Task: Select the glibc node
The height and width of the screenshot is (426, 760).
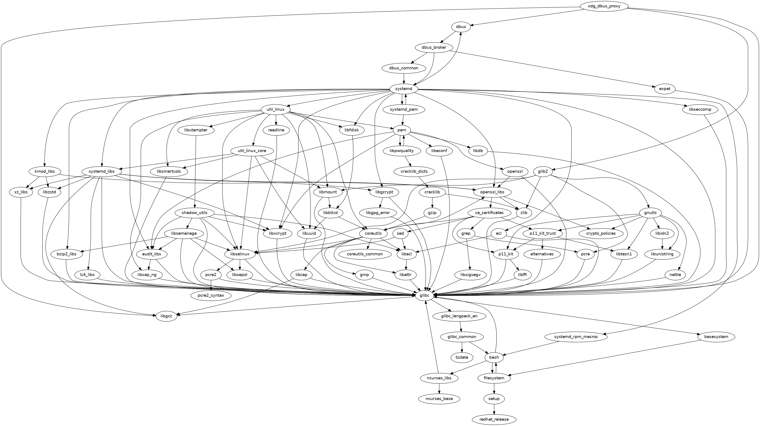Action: pyautogui.click(x=425, y=295)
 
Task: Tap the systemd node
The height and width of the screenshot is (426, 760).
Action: pyautogui.click(x=403, y=89)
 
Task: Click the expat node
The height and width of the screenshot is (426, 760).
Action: pyautogui.click(x=664, y=89)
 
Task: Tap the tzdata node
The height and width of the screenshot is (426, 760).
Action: pyautogui.click(x=462, y=357)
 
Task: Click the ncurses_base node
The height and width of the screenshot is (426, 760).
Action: pyautogui.click(x=439, y=399)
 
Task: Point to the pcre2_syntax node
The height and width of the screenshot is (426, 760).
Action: pyautogui.click(x=211, y=295)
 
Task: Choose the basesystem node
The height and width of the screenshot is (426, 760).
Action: pyautogui.click(x=716, y=337)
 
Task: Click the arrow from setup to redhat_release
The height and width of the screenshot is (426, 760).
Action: pyautogui.click(x=494, y=409)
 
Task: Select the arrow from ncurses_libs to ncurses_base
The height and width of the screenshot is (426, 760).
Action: pyautogui.click(x=439, y=388)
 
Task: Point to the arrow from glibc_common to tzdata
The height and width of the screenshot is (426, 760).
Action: pyautogui.click(x=462, y=347)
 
